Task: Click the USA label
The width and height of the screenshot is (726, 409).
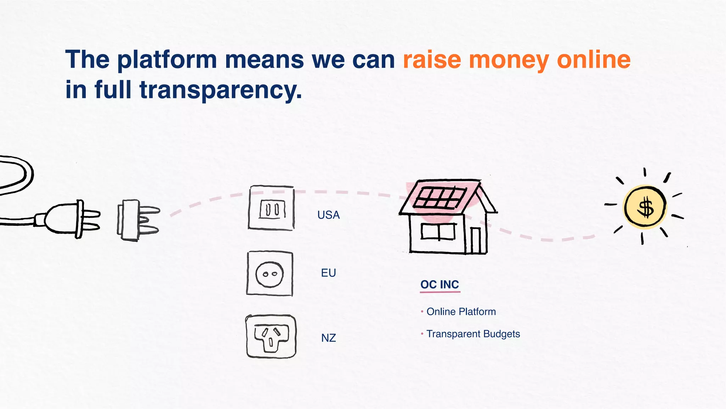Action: tap(328, 215)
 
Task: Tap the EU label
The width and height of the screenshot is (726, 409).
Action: tap(328, 273)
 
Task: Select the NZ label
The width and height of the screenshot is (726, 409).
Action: tap(328, 338)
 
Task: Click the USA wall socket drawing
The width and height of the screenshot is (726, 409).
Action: tap(272, 208)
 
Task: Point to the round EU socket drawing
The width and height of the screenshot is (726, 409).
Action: tap(270, 274)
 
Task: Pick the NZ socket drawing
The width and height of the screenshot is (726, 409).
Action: tap(271, 336)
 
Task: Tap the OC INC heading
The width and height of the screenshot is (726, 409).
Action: tap(440, 285)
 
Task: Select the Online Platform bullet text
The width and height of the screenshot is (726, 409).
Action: tap(461, 312)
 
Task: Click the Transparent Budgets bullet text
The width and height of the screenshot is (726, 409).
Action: tap(473, 334)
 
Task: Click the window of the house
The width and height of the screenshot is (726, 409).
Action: tap(439, 232)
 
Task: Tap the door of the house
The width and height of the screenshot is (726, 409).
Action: tap(475, 241)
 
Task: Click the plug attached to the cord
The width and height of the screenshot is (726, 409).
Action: tap(71, 218)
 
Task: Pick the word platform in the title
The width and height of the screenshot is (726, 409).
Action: tap(167, 60)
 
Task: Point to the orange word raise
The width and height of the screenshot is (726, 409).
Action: tap(432, 60)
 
